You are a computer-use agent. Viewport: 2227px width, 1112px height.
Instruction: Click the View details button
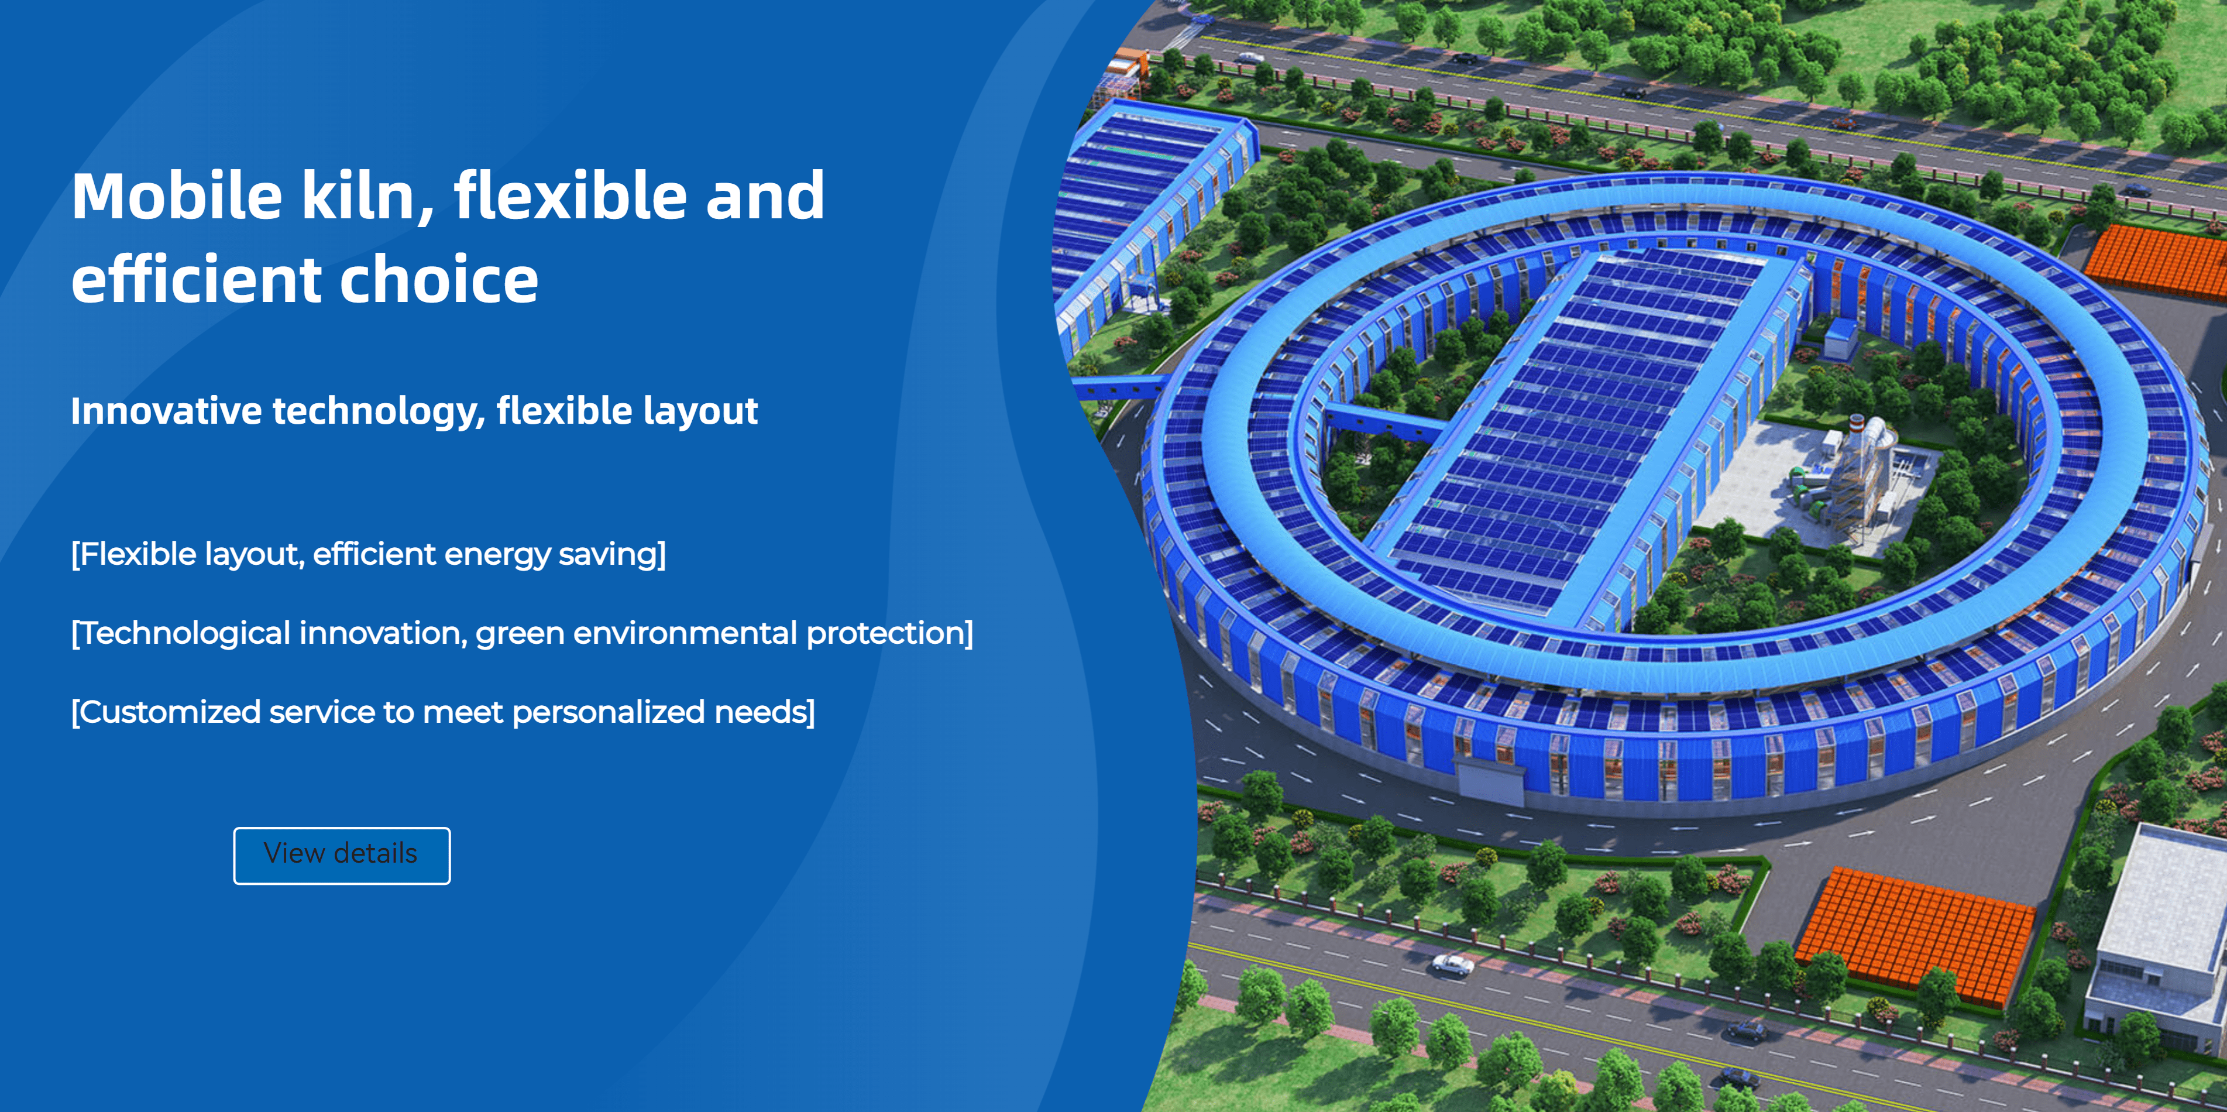coord(342,855)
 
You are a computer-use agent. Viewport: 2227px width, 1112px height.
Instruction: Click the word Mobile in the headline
coord(177,195)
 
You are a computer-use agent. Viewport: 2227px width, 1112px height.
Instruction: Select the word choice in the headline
coord(439,279)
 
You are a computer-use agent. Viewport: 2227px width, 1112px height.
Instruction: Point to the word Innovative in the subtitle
coord(166,411)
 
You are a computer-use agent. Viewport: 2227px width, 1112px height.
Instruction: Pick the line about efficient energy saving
coord(368,554)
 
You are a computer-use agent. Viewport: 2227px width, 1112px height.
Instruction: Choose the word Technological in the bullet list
coord(184,633)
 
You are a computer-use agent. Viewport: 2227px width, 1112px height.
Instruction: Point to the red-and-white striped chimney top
coord(1856,424)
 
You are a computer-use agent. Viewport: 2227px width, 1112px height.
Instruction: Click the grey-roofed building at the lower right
coord(2159,934)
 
